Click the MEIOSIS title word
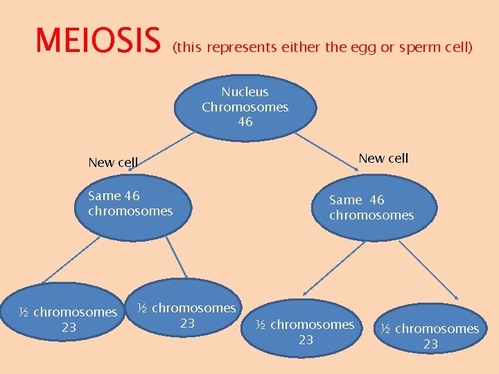pyautogui.click(x=98, y=41)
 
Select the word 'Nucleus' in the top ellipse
pyautogui.click(x=245, y=91)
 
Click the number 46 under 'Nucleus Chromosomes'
pyautogui.click(x=245, y=122)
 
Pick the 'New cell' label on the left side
pyautogui.click(x=113, y=163)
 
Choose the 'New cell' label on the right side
pyautogui.click(x=383, y=158)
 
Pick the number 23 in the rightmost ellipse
pyautogui.click(x=430, y=344)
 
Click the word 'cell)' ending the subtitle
pyautogui.click(x=457, y=48)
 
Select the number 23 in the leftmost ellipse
pyautogui.click(x=69, y=328)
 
